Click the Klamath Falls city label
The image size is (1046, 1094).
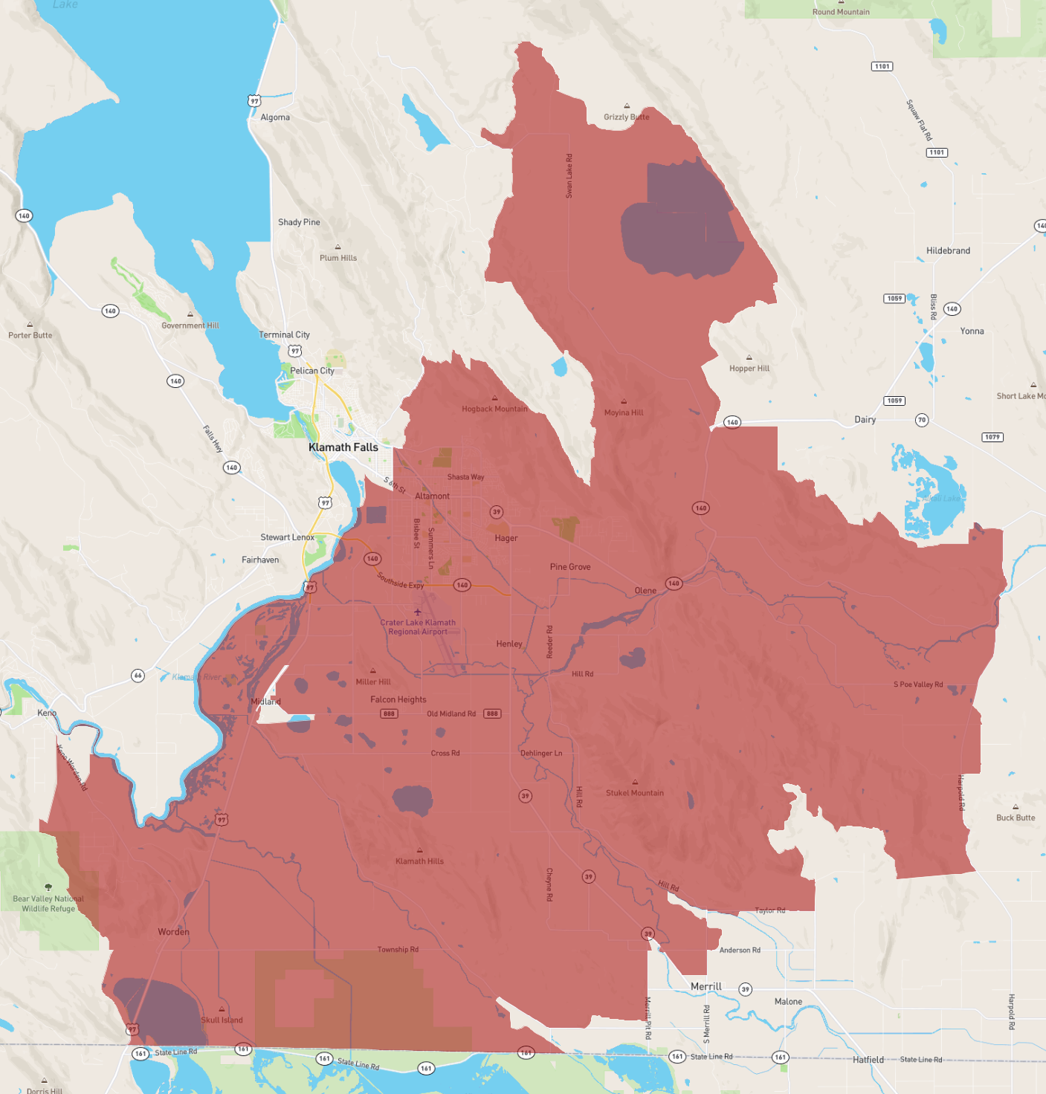pyautogui.click(x=343, y=447)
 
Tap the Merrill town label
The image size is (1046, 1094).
pyautogui.click(x=706, y=986)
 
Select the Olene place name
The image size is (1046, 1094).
pyautogui.click(x=645, y=591)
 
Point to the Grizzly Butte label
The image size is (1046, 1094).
pyautogui.click(x=626, y=117)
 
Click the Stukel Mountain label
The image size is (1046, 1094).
pyautogui.click(x=634, y=793)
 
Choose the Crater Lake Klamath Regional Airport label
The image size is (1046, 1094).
pyautogui.click(x=418, y=627)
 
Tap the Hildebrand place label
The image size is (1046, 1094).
pyautogui.click(x=948, y=250)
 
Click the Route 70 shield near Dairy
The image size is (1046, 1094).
pyautogui.click(x=922, y=420)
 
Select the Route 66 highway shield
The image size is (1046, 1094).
pyautogui.click(x=138, y=676)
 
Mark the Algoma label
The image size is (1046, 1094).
pyautogui.click(x=275, y=117)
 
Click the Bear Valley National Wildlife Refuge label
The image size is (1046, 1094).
pyautogui.click(x=48, y=904)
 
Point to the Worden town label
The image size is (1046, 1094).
pyautogui.click(x=173, y=932)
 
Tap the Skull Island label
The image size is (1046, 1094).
pyautogui.click(x=222, y=1020)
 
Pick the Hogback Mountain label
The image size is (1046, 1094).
pyautogui.click(x=494, y=409)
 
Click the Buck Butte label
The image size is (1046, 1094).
pyautogui.click(x=1015, y=818)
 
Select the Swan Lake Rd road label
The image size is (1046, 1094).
pyautogui.click(x=569, y=175)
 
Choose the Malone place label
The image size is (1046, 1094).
pyautogui.click(x=788, y=1002)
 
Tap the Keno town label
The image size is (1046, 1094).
pyautogui.click(x=47, y=713)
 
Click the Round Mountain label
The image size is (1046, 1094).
pyautogui.click(x=841, y=12)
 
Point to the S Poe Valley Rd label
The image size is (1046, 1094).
pyautogui.click(x=918, y=684)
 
